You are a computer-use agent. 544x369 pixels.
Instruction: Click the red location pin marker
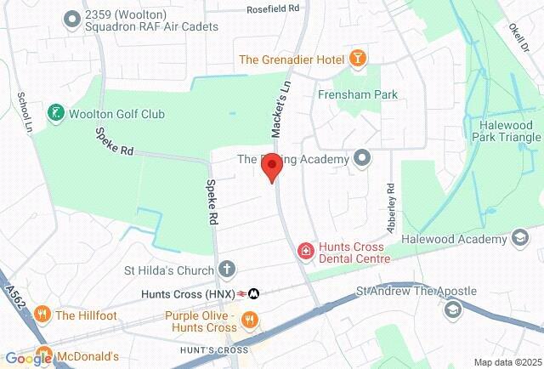pos(271,167)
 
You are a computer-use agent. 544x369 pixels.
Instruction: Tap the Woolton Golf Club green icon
pos(56,112)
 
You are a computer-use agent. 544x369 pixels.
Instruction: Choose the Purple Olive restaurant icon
pos(250,320)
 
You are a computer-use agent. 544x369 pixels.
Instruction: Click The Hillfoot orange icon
pos(42,315)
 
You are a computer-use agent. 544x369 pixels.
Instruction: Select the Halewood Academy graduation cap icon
pos(518,239)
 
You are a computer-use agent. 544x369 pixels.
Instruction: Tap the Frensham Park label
pos(352,95)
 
